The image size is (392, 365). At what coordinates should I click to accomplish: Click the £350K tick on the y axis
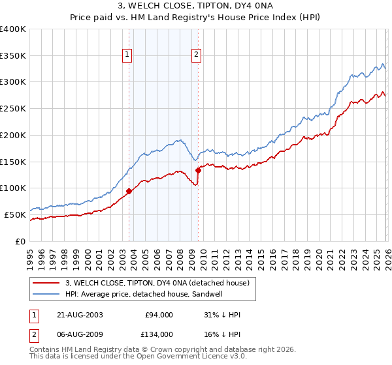click(13, 56)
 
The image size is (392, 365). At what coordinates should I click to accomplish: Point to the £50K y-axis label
click(15, 214)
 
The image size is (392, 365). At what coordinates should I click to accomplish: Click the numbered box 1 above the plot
click(127, 55)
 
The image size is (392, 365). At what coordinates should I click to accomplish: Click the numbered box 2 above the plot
click(196, 55)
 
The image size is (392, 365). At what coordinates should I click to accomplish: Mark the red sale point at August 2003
click(129, 192)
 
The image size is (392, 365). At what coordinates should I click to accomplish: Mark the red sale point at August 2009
click(198, 171)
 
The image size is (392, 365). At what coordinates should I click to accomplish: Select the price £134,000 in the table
click(159, 334)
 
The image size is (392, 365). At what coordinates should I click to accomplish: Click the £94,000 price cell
click(159, 315)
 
